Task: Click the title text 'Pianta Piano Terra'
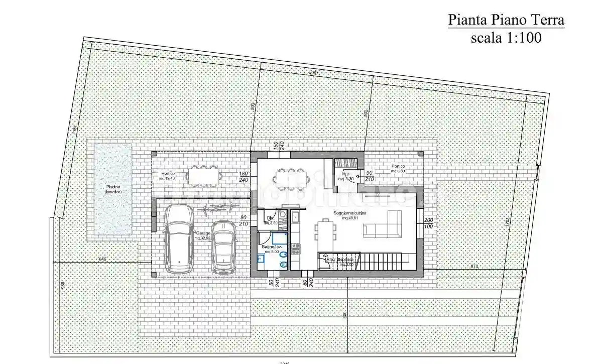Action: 506,20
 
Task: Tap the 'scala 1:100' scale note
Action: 506,38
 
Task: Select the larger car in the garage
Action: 178,238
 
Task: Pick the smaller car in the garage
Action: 223,247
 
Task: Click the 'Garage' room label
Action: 202,235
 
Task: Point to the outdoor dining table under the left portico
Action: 203,175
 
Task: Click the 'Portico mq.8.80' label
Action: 398,168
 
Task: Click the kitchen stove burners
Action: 295,248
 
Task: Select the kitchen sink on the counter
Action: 295,217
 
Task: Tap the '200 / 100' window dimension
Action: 428,223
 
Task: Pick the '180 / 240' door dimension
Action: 245,176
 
